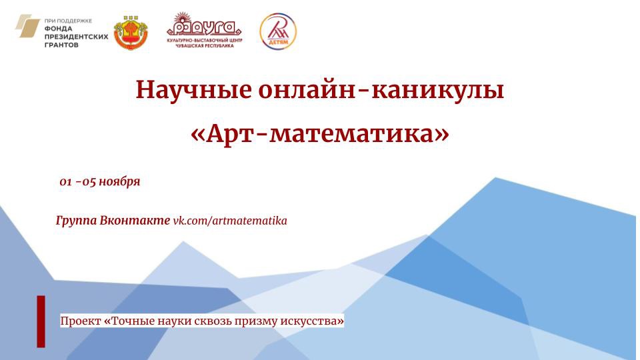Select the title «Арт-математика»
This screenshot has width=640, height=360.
[320, 133]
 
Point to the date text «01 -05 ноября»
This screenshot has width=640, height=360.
[100, 181]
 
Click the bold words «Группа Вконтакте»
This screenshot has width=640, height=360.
[113, 221]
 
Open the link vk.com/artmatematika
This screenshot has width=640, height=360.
[230, 221]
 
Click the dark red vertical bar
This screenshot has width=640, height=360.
[41, 321]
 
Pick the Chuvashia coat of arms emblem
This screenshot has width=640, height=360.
[131, 33]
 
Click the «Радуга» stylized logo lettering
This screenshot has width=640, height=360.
[205, 28]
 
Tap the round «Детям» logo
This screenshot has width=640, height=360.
[278, 31]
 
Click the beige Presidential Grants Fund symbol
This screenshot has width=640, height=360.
[27, 26]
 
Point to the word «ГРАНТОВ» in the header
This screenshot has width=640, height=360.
[61, 45]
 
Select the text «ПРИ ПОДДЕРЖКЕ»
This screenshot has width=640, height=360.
[68, 21]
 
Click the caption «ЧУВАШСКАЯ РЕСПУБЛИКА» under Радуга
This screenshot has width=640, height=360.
[205, 46]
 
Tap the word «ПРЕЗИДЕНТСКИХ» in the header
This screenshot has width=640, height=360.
[76, 37]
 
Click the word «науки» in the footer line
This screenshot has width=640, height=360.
[173, 321]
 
